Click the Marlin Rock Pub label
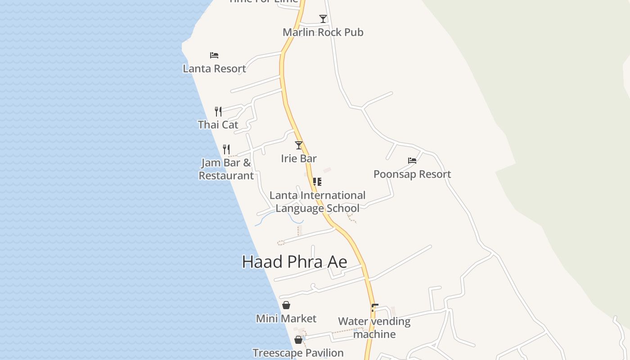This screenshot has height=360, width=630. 323,32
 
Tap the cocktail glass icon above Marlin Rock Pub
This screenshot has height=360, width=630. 323,19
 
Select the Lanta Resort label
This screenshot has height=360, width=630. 214,69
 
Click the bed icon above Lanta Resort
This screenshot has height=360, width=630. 214,55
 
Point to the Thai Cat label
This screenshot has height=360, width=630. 218,125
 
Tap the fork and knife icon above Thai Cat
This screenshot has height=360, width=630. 218,111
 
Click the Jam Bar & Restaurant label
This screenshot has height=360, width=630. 226,169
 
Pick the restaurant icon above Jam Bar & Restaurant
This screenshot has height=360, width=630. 226,149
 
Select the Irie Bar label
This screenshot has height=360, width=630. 299,158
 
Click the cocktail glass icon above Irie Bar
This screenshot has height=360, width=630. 299,145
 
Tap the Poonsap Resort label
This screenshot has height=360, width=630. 412,174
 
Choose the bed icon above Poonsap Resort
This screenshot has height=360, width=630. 412,161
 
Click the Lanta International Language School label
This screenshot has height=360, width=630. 317,202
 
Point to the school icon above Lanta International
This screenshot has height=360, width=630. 317,182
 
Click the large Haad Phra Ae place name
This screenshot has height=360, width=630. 294,262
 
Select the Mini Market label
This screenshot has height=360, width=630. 286,319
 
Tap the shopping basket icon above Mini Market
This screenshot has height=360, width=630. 286,305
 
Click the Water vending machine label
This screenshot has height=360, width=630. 374,328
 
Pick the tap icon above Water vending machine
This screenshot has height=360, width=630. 374,308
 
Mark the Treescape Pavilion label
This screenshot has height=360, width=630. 298,353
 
